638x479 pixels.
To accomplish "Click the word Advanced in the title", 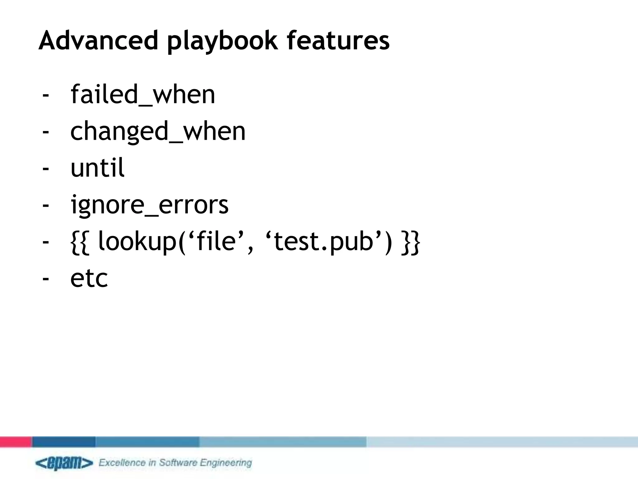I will (98, 40).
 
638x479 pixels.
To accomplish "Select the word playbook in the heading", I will (222, 41).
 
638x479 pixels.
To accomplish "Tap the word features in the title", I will (338, 40).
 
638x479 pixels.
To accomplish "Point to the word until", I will (98, 168).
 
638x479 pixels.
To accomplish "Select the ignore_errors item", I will (150, 205).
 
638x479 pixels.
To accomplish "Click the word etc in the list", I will (89, 278).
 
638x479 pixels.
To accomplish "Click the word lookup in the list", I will (137, 242).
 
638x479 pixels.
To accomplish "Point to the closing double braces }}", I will (411, 242).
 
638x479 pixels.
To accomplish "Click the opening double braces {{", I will (80, 242).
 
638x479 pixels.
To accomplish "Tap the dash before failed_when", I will (46, 94).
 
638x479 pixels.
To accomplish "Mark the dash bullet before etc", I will (46, 278).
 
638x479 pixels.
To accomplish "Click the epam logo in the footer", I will (64, 463).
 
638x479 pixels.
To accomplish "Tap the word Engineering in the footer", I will (226, 463).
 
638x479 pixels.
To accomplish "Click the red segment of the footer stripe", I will (16, 442).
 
